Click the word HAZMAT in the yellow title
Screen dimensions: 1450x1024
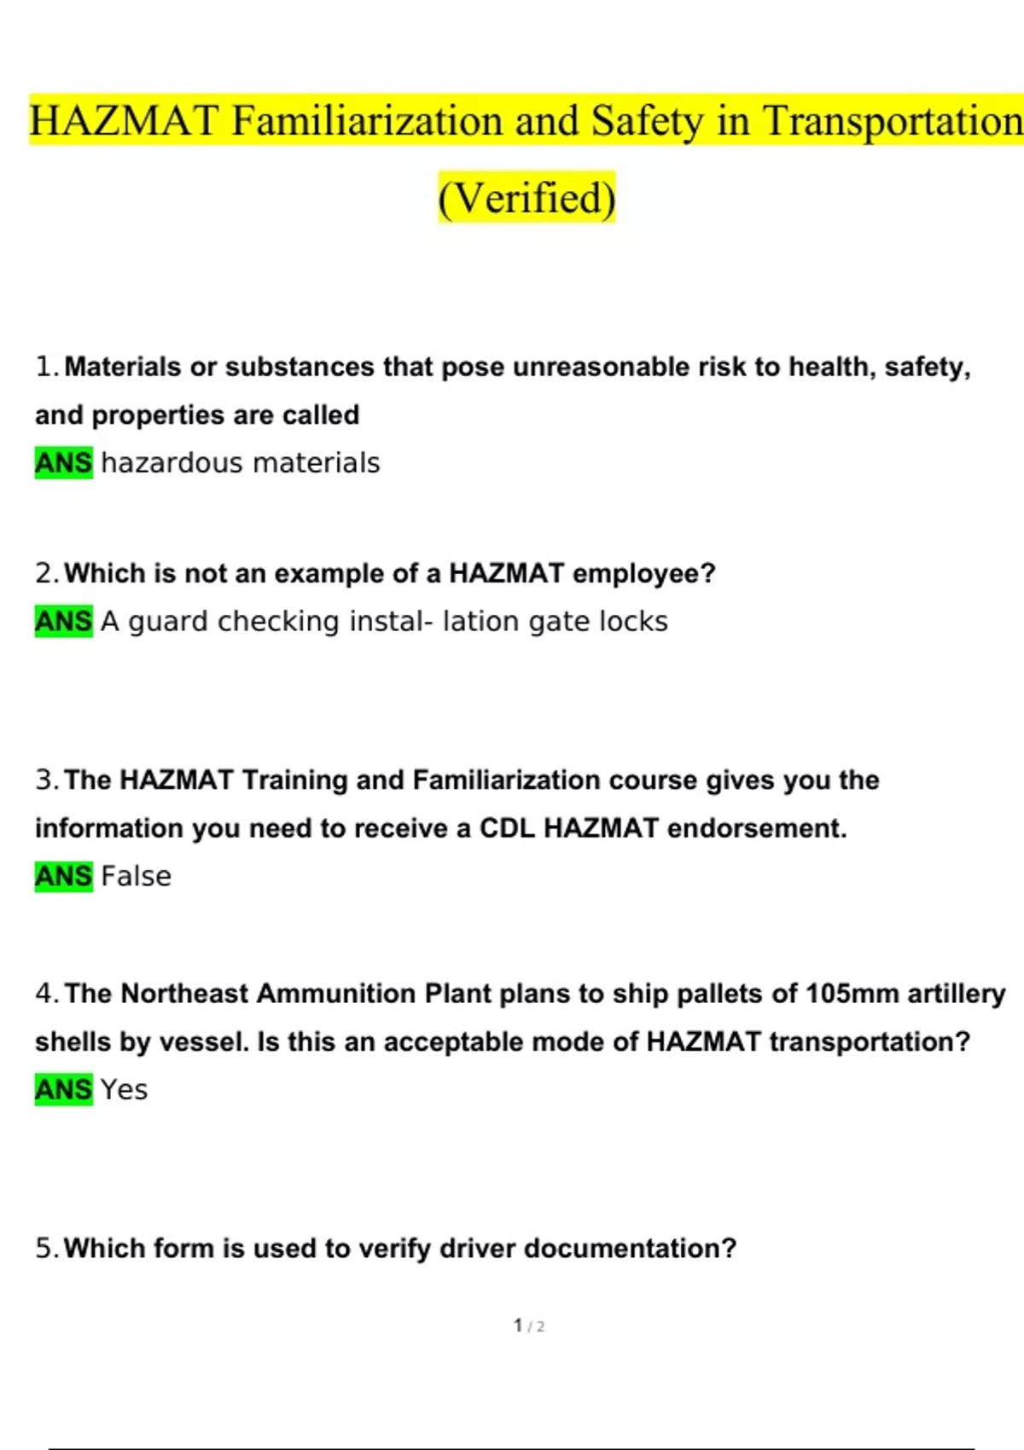coord(124,120)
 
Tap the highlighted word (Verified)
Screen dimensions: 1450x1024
coord(527,198)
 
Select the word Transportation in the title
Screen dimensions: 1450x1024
coord(893,120)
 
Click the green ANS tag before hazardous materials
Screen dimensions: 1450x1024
coord(63,463)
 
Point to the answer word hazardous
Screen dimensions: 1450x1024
coord(172,463)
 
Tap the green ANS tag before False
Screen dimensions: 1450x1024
coord(63,876)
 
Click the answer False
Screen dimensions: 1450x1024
coord(136,876)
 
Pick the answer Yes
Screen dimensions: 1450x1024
coord(124,1089)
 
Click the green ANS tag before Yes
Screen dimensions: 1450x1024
coord(63,1089)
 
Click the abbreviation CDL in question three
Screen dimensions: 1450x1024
coord(507,828)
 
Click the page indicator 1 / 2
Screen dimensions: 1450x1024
coord(529,1325)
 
